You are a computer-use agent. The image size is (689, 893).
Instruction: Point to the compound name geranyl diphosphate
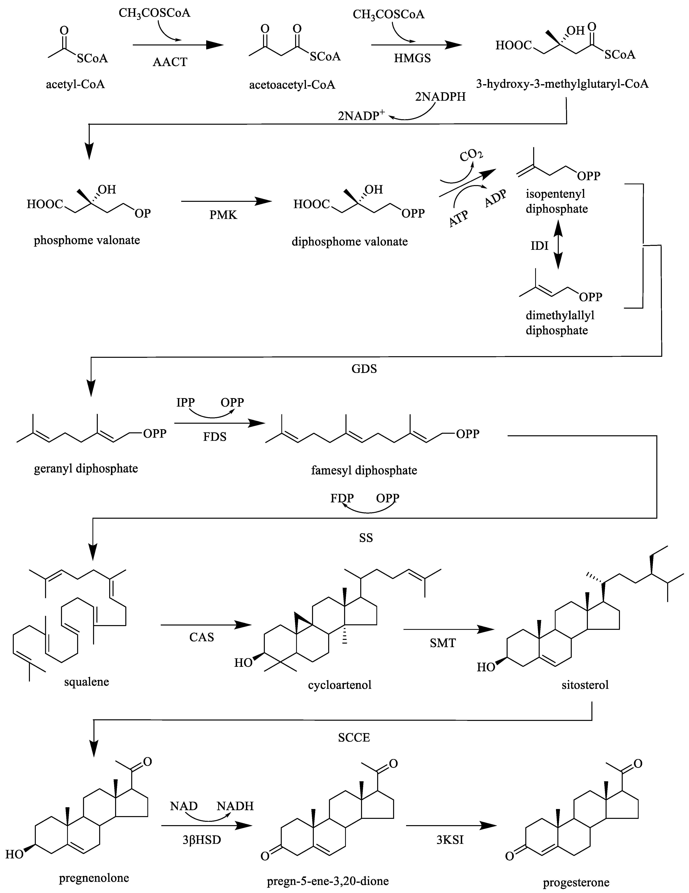(86, 468)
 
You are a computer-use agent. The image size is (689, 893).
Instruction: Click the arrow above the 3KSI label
(450, 826)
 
